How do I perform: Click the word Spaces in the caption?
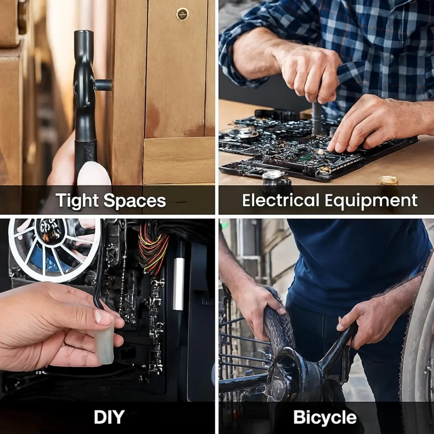click(x=135, y=201)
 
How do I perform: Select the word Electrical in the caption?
click(x=281, y=200)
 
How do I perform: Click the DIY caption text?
click(x=109, y=417)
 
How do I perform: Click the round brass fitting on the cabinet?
click(x=182, y=14)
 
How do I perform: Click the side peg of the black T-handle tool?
click(x=103, y=85)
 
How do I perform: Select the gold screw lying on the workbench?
click(x=388, y=181)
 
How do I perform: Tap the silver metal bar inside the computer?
click(x=178, y=284)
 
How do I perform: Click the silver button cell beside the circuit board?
click(x=273, y=176)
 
